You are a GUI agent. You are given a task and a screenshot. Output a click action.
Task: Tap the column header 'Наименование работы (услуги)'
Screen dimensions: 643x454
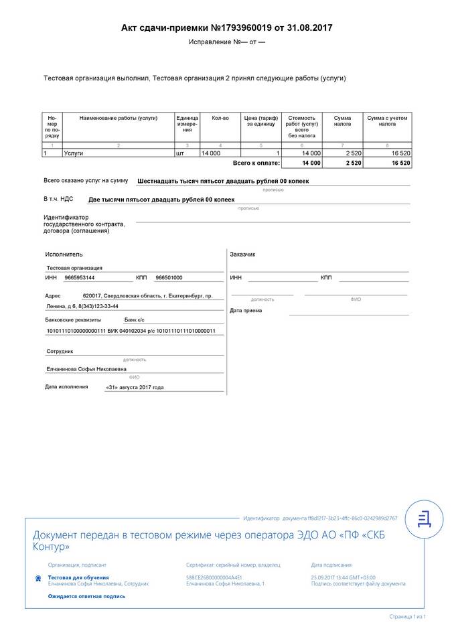pos(119,118)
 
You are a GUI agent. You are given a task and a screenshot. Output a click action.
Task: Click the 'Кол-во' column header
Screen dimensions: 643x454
pos(220,118)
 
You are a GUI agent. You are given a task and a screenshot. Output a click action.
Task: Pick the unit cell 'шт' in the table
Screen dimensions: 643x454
pos(179,153)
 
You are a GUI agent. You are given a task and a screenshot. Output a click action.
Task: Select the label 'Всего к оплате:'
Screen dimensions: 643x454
pos(256,163)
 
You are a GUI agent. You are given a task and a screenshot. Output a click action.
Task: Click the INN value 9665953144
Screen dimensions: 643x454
pos(80,277)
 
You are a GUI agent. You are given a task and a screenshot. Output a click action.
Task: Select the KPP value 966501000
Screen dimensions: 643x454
pos(169,277)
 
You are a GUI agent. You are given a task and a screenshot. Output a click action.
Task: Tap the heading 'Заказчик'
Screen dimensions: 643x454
pos(242,255)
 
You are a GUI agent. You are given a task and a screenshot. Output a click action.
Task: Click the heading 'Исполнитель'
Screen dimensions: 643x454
pos(64,255)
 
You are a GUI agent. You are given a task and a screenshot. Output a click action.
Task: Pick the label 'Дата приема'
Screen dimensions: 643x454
pos(246,310)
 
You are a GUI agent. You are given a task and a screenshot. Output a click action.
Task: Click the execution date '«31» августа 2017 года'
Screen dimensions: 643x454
pos(135,387)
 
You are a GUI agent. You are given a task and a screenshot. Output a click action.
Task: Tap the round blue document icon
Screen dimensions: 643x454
pos(424,517)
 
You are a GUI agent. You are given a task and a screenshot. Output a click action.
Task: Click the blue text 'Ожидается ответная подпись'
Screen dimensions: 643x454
pos(86,596)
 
